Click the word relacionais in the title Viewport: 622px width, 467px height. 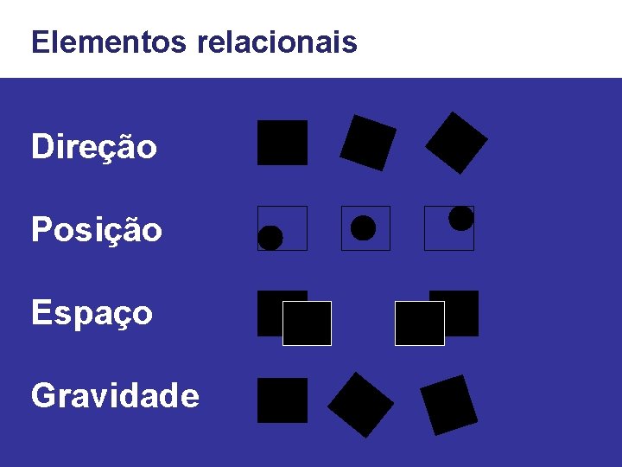tap(277, 42)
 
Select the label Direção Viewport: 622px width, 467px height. tap(94, 147)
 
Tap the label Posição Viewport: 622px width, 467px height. tap(96, 230)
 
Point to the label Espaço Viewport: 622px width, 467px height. tap(92, 313)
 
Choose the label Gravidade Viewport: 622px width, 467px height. tap(115, 396)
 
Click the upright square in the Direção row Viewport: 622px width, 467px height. tap(282, 143)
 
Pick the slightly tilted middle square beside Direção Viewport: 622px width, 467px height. tap(368, 143)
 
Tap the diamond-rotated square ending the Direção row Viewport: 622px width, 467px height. tap(456, 142)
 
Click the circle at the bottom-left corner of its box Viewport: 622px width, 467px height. tap(270, 238)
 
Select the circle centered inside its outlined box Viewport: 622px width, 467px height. tap(364, 228)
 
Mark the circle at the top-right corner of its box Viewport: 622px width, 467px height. tap(461, 219)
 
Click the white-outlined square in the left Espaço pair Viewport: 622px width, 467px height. tap(307, 323)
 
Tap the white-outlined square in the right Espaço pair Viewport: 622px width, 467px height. tap(420, 323)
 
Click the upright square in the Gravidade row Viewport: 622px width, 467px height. tap(282, 400)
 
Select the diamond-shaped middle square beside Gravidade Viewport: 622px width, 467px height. tap(361, 404)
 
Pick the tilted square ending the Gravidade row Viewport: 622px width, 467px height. tap(448, 404)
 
